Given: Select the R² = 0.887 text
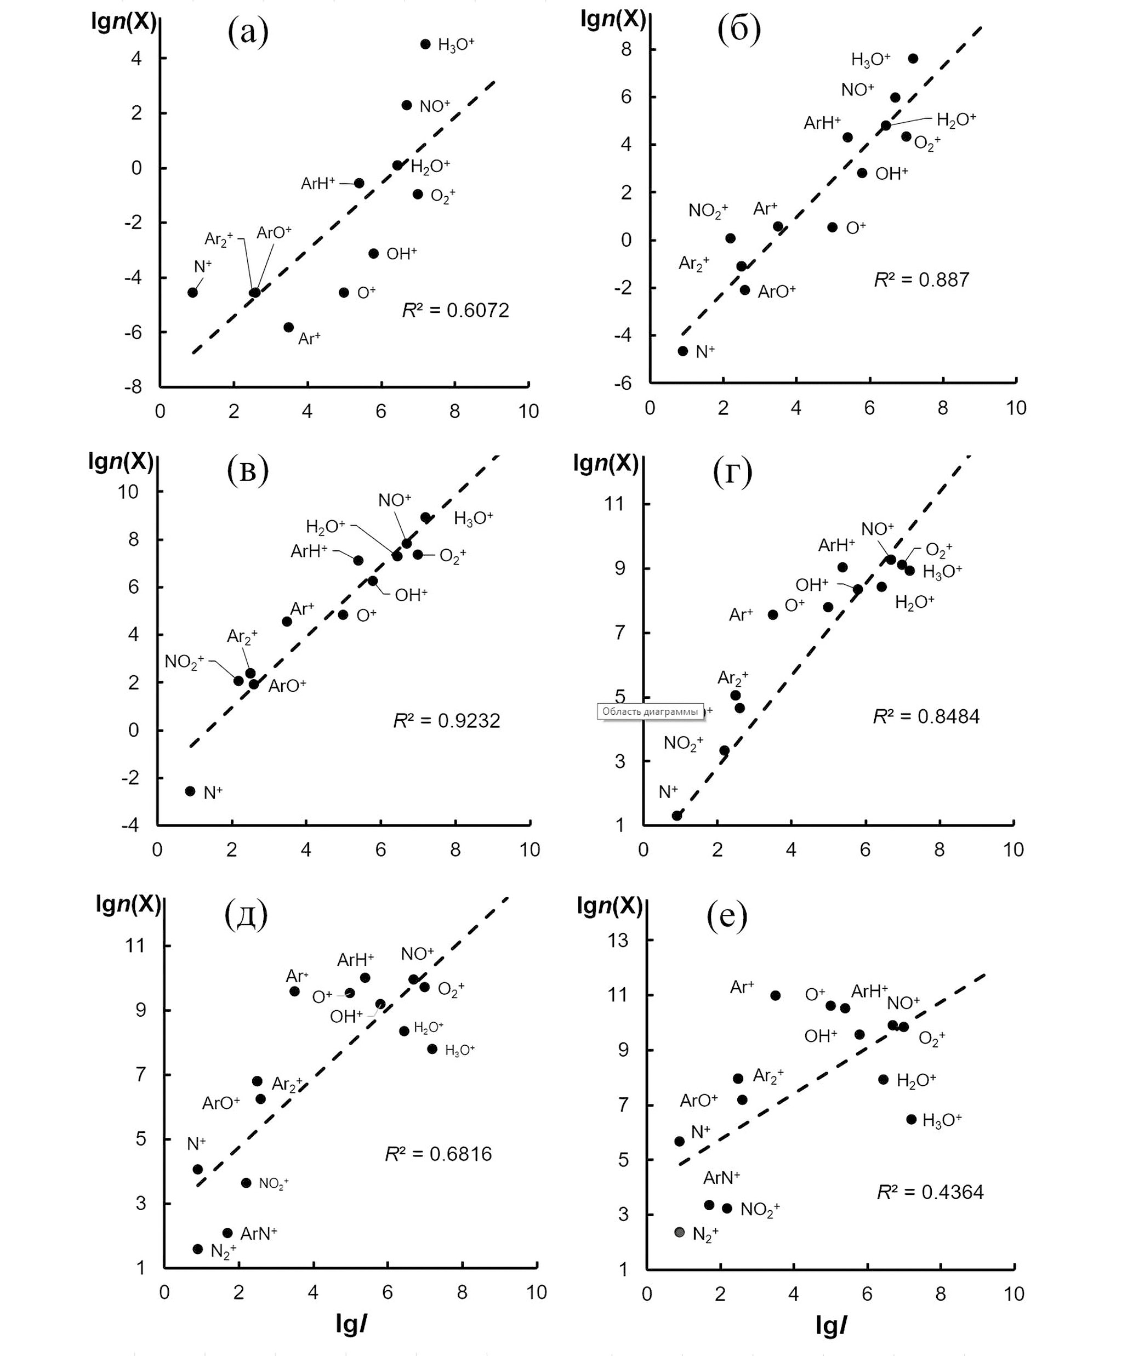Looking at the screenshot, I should [x=921, y=280].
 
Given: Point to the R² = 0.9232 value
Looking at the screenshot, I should [x=447, y=721].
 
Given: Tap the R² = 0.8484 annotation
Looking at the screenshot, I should [x=926, y=717].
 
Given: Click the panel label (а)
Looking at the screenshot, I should [x=248, y=33].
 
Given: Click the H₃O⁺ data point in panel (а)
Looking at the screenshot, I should [x=425, y=44].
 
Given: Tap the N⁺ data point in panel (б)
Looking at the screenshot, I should [x=683, y=351].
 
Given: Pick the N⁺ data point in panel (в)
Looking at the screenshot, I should [x=190, y=791].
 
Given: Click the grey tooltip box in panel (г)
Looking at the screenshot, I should [x=650, y=711].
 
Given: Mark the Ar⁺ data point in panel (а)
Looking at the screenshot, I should [x=288, y=327].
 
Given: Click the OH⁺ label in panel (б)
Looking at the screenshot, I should [x=892, y=173].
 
